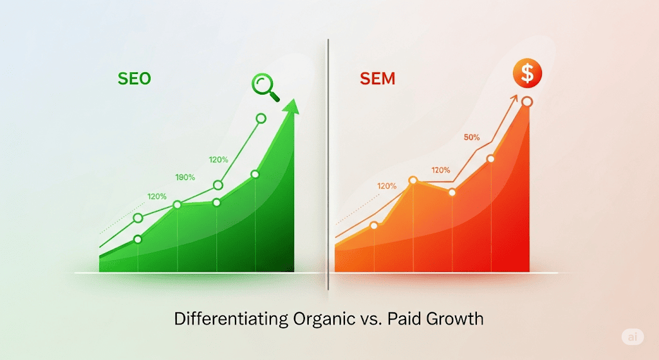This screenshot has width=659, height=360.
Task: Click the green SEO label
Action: coord(134,79)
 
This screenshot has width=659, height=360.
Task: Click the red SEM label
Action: coord(377,79)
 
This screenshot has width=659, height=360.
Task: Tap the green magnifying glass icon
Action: coord(265,87)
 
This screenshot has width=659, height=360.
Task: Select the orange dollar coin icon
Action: coord(527,73)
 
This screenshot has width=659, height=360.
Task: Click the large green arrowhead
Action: coord(292,108)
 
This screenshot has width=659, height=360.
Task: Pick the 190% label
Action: coord(185,178)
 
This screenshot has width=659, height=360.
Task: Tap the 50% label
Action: coord(472,137)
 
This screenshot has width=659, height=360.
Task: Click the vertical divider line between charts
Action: coord(328,164)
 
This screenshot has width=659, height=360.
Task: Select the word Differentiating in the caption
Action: coord(231,319)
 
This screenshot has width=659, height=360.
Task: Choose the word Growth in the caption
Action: coord(455,319)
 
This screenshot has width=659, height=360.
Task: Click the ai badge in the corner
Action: coord(633,336)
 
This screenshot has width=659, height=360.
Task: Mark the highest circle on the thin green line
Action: coord(261,118)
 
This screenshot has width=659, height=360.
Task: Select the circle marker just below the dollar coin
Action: coord(527,102)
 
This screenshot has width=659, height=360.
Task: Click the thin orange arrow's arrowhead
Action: coord(514,99)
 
